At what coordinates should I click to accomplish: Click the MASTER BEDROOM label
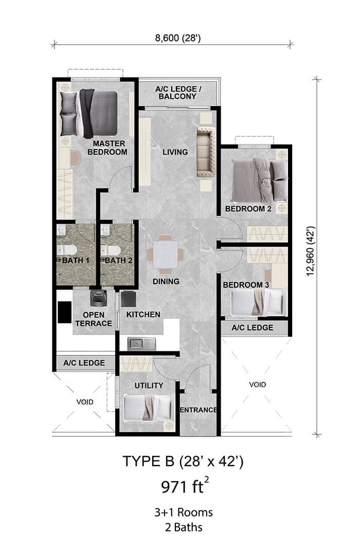click(x=107, y=147)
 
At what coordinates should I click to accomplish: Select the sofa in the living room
click(x=205, y=152)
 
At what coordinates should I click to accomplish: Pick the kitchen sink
click(x=138, y=342)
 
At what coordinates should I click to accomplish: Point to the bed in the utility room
click(x=148, y=407)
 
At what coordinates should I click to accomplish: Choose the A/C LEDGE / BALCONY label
click(x=178, y=92)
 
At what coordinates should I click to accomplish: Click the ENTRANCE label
click(x=198, y=410)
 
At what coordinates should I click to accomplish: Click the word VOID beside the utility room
click(x=84, y=402)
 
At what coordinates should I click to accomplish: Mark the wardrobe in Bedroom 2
click(x=267, y=234)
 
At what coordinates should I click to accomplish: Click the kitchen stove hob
click(x=128, y=299)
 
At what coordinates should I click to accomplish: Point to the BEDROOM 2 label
click(x=248, y=209)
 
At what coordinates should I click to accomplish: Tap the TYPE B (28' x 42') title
click(x=183, y=461)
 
